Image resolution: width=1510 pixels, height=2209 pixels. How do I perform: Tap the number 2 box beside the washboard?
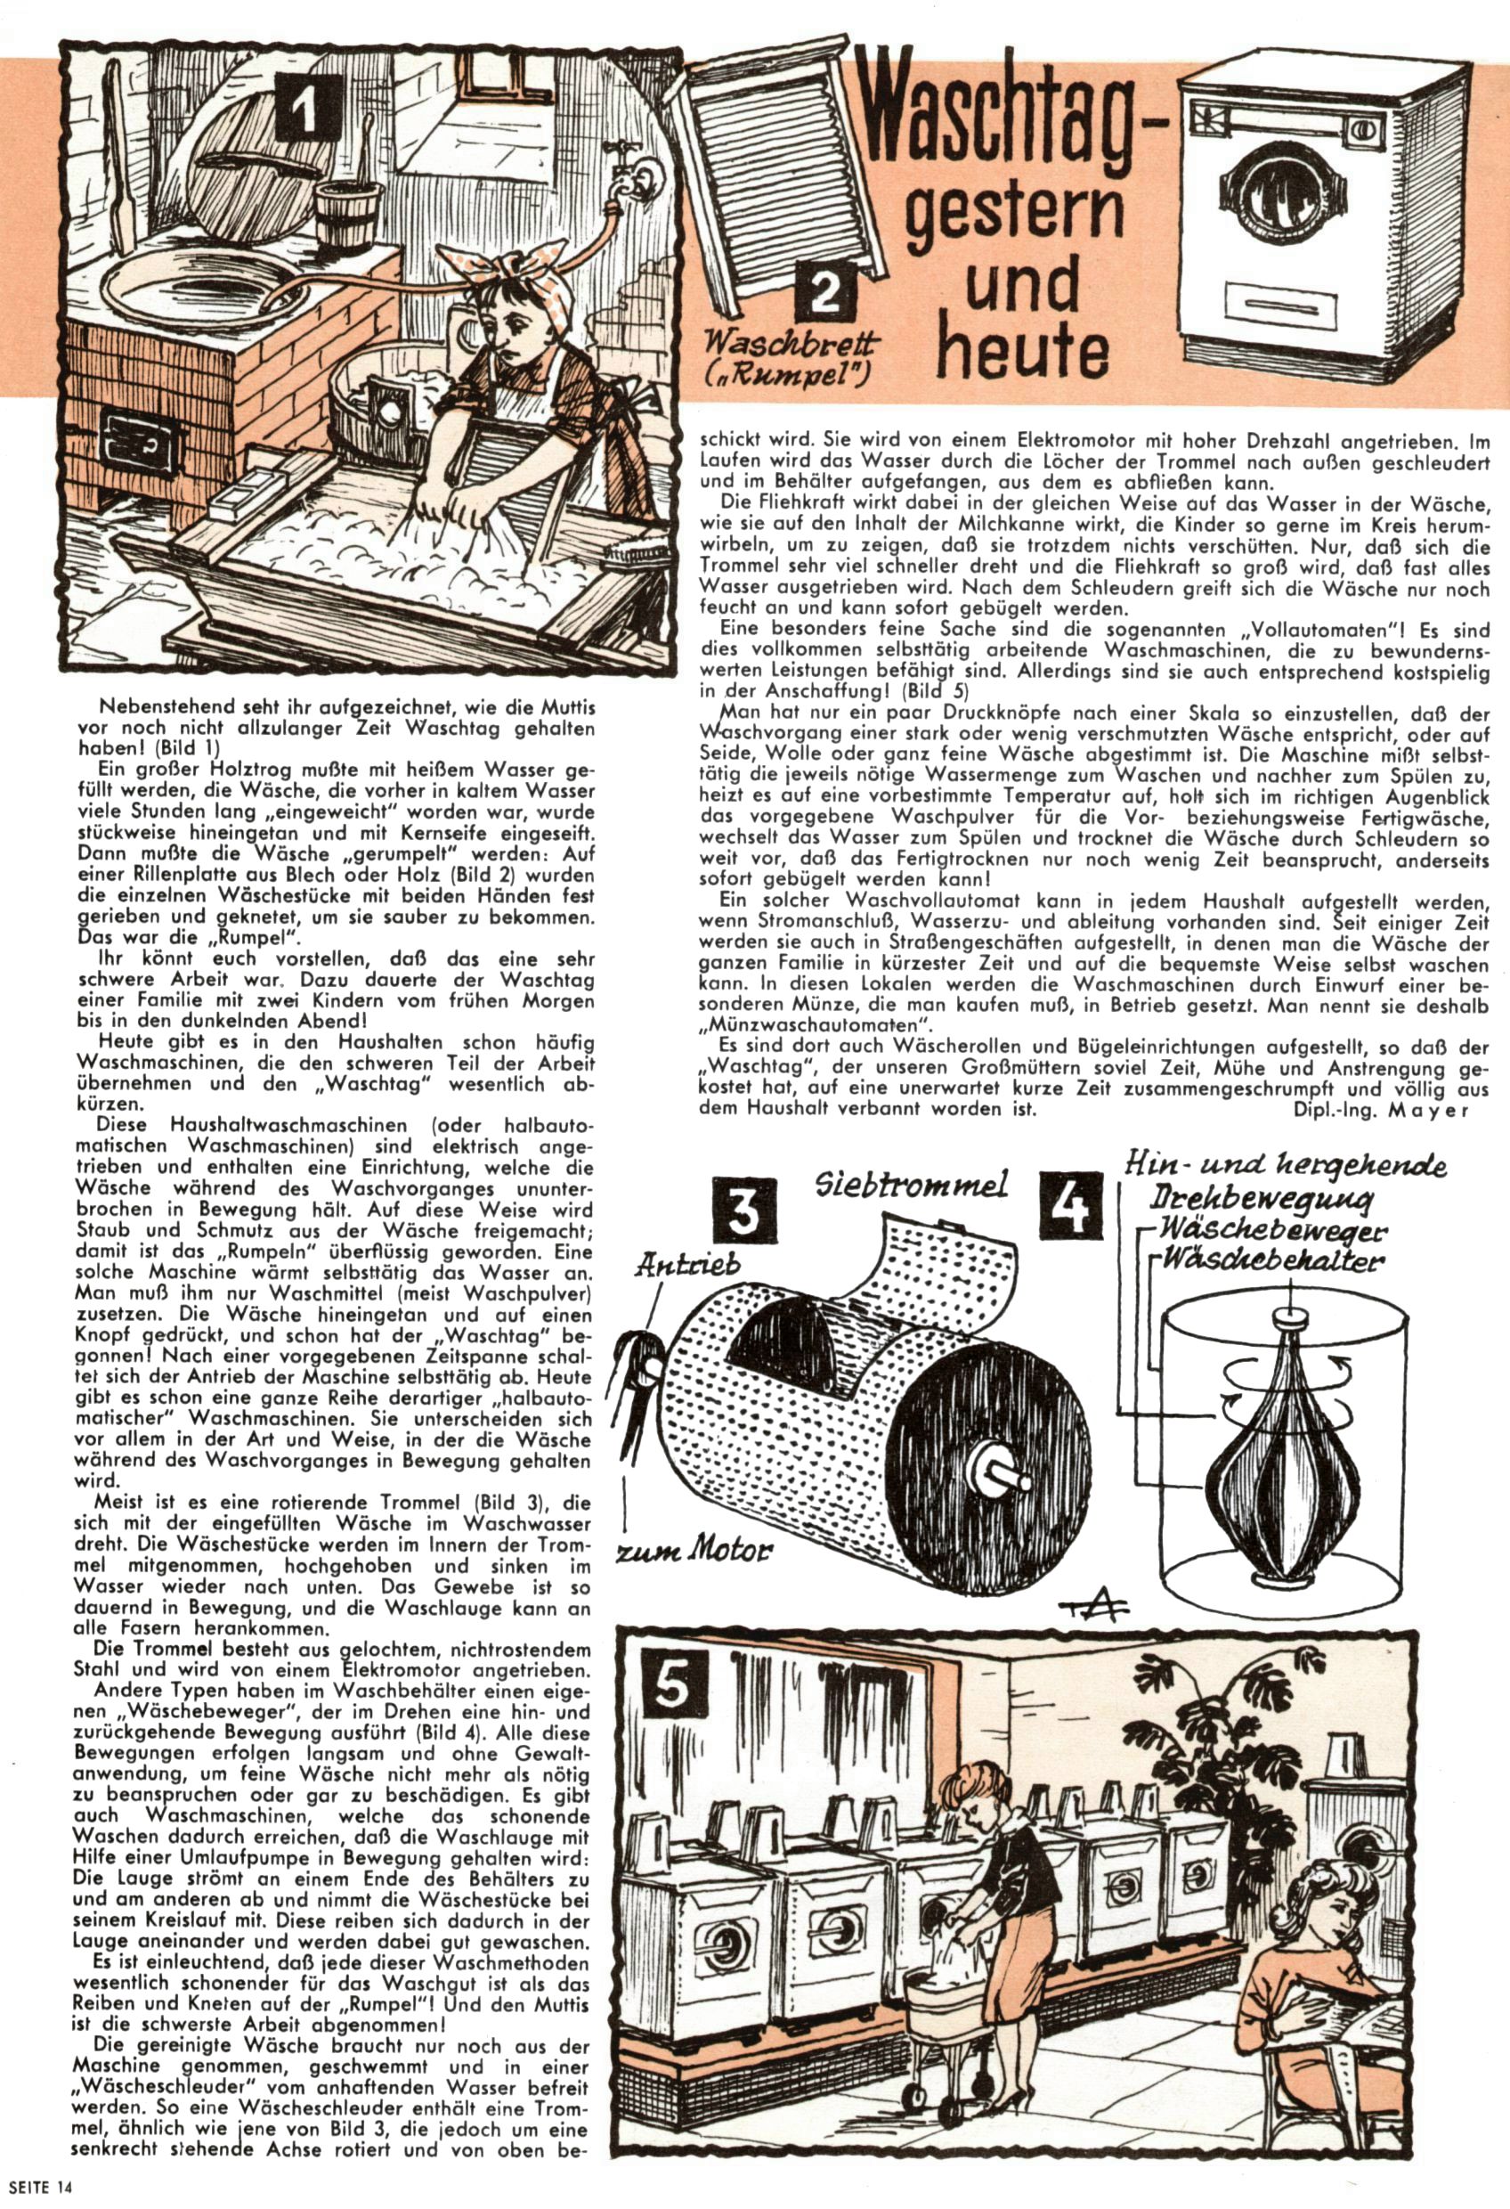pos(823,292)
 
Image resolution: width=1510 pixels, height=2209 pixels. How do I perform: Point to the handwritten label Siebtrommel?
pos(913,1186)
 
